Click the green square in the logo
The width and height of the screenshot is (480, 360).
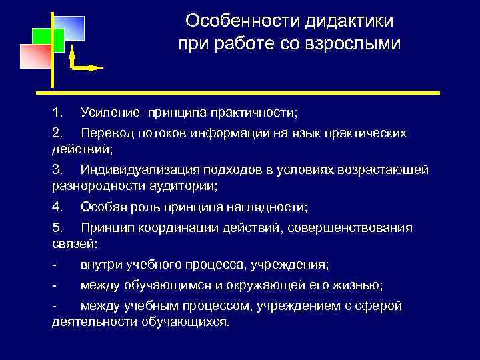pos(49,40)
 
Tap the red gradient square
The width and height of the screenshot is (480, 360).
pos(35,57)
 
